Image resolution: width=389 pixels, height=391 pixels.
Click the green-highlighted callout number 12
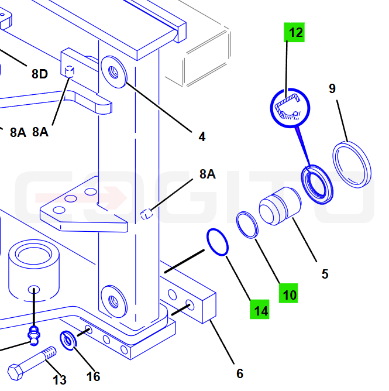pos(294,32)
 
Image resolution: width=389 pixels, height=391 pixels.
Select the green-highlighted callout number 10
pos(288,293)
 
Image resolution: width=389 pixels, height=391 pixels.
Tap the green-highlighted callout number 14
pos(259,309)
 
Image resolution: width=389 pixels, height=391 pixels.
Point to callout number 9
pos(332,88)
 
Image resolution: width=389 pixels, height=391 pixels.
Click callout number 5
pos(325,274)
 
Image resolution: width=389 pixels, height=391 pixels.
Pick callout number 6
pos(240,373)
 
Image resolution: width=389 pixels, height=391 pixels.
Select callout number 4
pos(202,136)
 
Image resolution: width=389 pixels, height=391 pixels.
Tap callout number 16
pos(93,376)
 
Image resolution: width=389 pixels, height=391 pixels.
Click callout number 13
pos(60,380)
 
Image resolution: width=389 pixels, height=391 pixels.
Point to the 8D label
pos(40,74)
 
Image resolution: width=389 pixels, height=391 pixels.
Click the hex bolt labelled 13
pos(32,363)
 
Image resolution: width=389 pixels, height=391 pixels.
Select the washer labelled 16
pos(68,341)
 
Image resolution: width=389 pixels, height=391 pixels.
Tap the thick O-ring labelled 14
pos(217,242)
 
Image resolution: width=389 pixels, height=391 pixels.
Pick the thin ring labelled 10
pos(247,225)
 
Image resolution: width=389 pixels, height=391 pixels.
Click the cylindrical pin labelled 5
pos(280,206)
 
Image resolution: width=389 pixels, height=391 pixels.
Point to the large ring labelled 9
pos(352,165)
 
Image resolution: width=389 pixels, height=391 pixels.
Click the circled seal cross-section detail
pos(290,108)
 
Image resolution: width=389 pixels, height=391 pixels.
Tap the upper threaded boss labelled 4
pos(114,72)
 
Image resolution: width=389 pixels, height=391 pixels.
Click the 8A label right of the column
pos(207,174)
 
